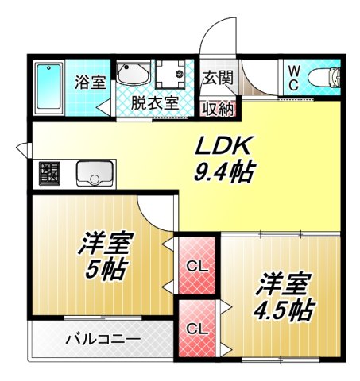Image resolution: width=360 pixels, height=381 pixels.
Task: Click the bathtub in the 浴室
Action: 51,87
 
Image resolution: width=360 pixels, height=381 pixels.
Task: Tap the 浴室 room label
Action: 90,80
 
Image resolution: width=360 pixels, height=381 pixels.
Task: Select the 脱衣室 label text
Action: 154,102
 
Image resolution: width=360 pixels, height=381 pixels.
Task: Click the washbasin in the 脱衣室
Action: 133,75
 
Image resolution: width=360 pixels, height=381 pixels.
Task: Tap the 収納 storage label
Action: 217,107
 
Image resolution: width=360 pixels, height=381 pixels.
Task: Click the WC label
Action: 293,78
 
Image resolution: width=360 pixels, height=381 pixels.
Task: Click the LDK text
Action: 224,145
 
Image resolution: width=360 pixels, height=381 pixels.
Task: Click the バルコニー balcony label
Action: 102,340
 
